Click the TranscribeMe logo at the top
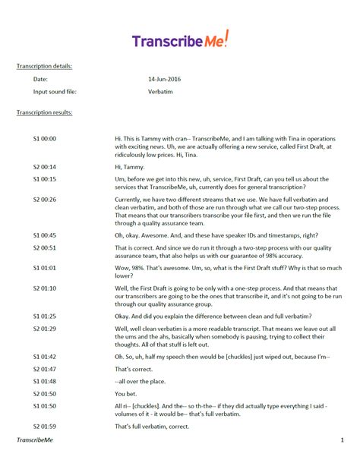click(179, 39)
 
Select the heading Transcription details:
click(44, 66)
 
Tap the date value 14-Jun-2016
click(167, 79)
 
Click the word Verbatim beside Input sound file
click(161, 92)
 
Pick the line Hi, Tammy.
click(129, 166)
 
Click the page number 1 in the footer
click(342, 440)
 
